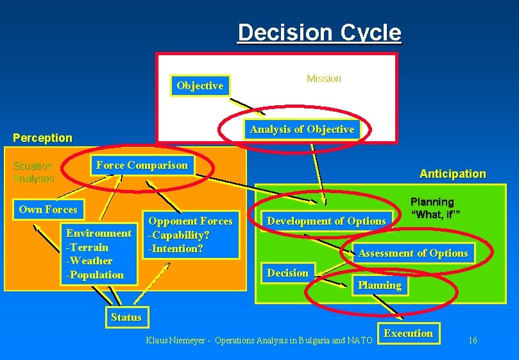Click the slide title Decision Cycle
click(319, 33)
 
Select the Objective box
click(200, 85)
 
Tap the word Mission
click(324, 78)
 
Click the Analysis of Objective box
click(302, 130)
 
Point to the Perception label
click(43, 138)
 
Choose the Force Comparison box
click(142, 166)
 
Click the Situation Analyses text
click(33, 173)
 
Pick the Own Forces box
click(48, 209)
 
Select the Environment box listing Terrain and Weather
click(98, 253)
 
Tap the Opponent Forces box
click(191, 235)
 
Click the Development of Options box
click(327, 221)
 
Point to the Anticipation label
click(452, 174)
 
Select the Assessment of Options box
click(413, 253)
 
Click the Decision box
click(287, 273)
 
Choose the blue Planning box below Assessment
click(379, 286)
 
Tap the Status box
click(126, 317)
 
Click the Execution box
click(408, 333)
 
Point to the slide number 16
click(472, 340)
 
